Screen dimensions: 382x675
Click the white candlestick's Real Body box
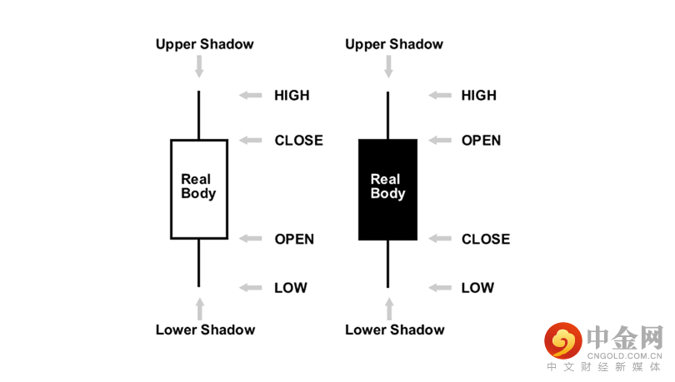pos(198,189)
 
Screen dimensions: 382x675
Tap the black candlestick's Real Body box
pos(387,189)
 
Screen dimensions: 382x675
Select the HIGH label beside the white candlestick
pos(292,96)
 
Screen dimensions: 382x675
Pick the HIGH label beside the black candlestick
pos(479,96)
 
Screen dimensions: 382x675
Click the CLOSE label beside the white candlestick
pos(298,141)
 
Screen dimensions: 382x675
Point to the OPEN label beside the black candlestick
pos(482,141)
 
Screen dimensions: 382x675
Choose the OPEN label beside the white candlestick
pos(294,240)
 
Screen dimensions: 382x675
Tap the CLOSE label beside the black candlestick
pos(486,240)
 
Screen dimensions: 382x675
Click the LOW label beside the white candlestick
pos(291,288)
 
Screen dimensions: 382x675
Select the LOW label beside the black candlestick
pos(477,288)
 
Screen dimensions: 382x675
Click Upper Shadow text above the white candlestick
pos(205,44)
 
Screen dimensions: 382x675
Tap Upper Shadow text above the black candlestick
pos(394,44)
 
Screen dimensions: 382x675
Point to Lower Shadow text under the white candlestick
pos(205,330)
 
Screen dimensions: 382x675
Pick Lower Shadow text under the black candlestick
pos(395,330)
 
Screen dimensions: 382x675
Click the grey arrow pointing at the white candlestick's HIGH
pos(250,96)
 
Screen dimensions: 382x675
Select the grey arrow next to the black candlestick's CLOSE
pos(439,240)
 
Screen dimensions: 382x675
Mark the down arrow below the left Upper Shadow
pos(199,67)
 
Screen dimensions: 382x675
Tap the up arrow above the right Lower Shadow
pos(388,309)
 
